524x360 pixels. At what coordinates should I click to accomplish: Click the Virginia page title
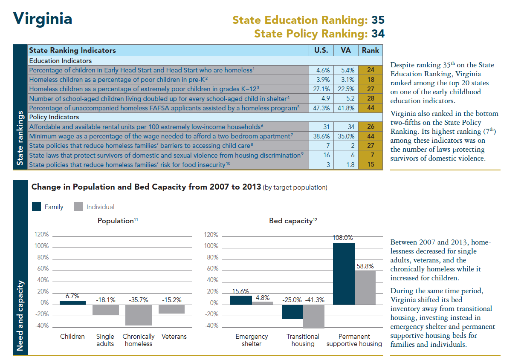42,19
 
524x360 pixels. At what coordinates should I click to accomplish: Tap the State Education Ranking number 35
378,20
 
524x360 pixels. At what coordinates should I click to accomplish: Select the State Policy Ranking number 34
378,33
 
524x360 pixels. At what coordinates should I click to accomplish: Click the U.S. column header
321,50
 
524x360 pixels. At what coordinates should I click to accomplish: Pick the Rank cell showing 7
370,156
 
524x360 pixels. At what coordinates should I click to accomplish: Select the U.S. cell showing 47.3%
321,108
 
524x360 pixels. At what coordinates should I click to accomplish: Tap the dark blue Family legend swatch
37,207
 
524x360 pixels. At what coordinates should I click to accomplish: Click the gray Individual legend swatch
78,207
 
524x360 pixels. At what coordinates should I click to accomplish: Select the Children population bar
72,302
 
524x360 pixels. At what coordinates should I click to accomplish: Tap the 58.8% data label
365,266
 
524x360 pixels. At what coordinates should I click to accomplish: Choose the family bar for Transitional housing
292,311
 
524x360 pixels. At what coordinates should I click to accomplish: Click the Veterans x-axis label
174,337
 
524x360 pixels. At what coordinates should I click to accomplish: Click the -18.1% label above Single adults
106,300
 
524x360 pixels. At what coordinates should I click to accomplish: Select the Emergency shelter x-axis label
252,340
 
